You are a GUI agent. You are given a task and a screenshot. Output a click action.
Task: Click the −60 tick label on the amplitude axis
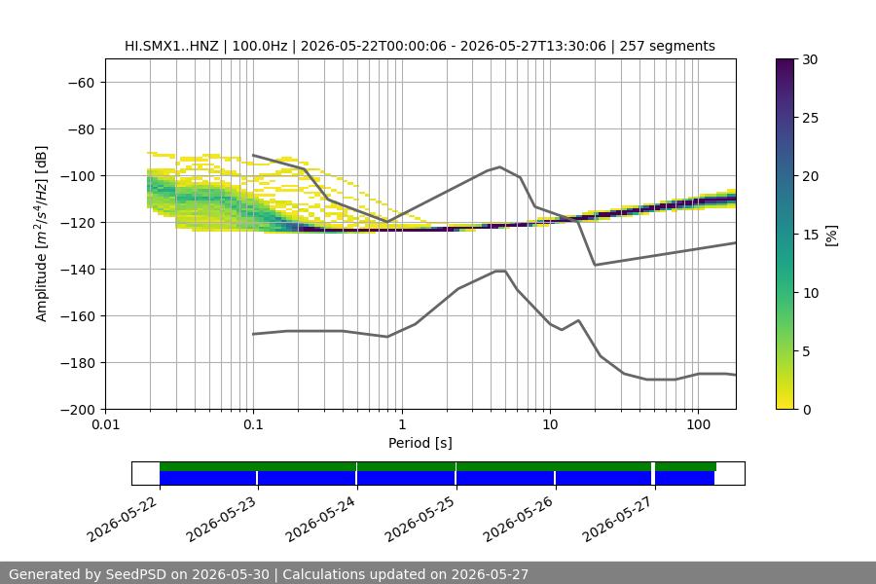click(81, 83)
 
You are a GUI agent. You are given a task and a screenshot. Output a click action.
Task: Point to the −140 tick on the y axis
click(77, 270)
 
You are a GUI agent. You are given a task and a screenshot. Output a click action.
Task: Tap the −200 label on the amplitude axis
click(77, 410)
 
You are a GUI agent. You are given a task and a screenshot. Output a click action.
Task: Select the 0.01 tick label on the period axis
click(105, 424)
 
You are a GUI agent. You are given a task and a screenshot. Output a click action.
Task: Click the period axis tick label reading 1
click(402, 424)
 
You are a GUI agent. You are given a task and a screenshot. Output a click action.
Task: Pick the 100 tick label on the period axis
click(698, 424)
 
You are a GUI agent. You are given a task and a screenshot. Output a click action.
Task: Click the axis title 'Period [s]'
click(420, 443)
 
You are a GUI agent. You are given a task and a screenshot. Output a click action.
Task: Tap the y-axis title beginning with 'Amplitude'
click(42, 234)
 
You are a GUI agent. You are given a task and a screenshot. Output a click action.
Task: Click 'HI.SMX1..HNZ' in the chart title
click(171, 46)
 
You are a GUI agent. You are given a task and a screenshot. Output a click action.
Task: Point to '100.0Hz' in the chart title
click(260, 46)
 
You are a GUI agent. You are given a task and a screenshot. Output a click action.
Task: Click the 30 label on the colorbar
click(810, 59)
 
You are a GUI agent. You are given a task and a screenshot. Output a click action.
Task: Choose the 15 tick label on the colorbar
click(810, 235)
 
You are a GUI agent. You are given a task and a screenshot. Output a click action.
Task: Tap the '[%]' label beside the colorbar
click(832, 236)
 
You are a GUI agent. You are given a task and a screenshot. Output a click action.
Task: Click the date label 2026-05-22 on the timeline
click(123, 519)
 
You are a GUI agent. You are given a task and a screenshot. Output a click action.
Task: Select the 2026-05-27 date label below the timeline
click(617, 519)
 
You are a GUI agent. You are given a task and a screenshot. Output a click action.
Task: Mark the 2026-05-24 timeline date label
click(320, 519)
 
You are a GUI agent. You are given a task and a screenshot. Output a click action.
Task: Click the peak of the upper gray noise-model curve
click(499, 166)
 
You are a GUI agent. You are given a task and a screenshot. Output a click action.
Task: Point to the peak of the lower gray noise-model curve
click(500, 271)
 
